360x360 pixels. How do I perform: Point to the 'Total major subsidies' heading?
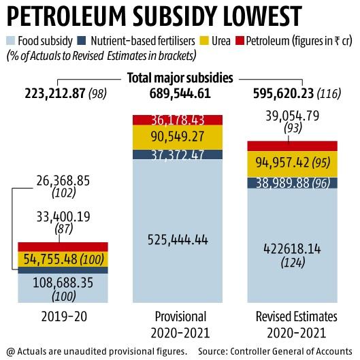coord(180,78)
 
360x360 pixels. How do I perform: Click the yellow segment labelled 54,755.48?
coord(59,259)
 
